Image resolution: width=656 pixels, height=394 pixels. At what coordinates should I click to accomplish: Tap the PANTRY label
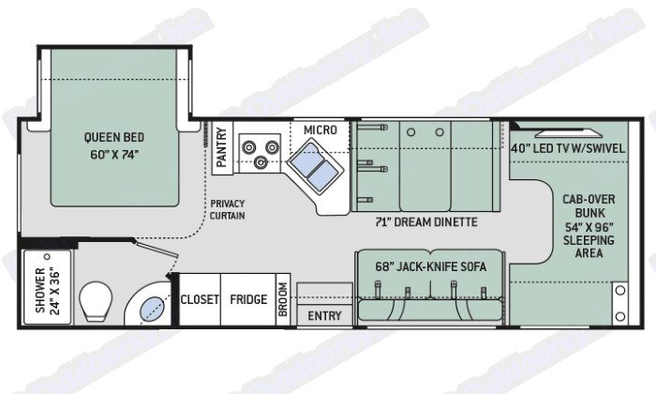point(222,147)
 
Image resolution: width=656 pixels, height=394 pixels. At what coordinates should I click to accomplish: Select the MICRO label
point(320,129)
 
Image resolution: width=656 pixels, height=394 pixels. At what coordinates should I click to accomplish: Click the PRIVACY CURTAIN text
point(228,210)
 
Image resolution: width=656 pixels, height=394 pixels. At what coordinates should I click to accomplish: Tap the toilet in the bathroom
point(96,302)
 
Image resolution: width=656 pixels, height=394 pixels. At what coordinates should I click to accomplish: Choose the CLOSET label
point(200,300)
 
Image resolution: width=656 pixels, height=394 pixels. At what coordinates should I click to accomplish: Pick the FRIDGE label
point(248,300)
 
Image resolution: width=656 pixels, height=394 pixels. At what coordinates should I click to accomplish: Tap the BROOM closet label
point(283,300)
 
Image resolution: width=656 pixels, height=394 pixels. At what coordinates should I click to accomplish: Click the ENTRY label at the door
point(325,316)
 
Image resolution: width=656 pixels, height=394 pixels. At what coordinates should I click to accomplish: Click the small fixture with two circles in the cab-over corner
point(619,301)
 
